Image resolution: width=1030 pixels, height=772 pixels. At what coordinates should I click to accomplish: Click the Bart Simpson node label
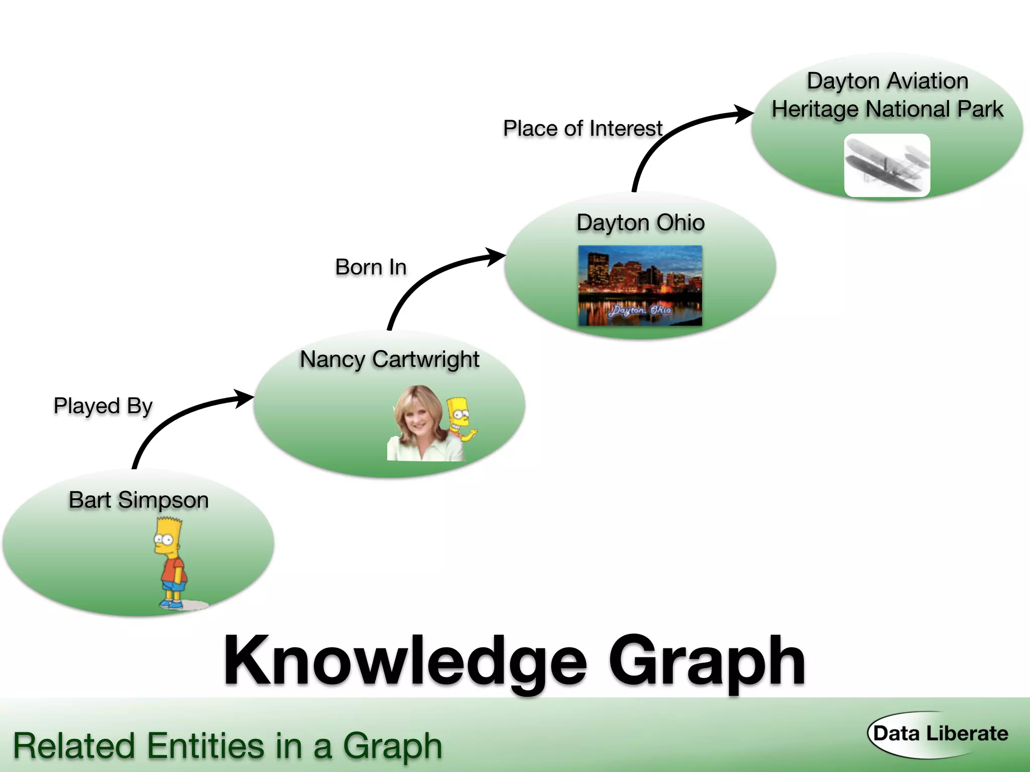(x=139, y=501)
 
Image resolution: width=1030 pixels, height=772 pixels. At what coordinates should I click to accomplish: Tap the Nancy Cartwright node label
(x=389, y=360)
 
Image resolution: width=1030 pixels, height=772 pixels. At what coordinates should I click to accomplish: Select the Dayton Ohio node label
(x=640, y=223)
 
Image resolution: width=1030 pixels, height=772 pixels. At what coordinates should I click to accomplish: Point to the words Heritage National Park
(x=887, y=110)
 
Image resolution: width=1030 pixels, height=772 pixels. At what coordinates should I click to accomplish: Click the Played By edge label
(x=103, y=406)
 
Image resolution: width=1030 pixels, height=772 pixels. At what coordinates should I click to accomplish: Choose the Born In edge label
(x=371, y=267)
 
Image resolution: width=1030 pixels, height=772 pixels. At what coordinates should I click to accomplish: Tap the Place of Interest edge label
(x=582, y=129)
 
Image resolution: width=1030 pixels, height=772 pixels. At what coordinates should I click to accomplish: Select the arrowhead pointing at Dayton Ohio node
(x=496, y=256)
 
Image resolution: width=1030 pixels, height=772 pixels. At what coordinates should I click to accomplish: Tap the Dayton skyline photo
(x=640, y=285)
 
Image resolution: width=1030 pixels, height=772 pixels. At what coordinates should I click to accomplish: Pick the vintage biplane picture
(x=887, y=165)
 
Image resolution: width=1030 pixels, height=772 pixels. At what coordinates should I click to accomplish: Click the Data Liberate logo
(x=940, y=734)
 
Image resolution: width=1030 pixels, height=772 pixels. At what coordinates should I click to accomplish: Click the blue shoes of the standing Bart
(x=171, y=604)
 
